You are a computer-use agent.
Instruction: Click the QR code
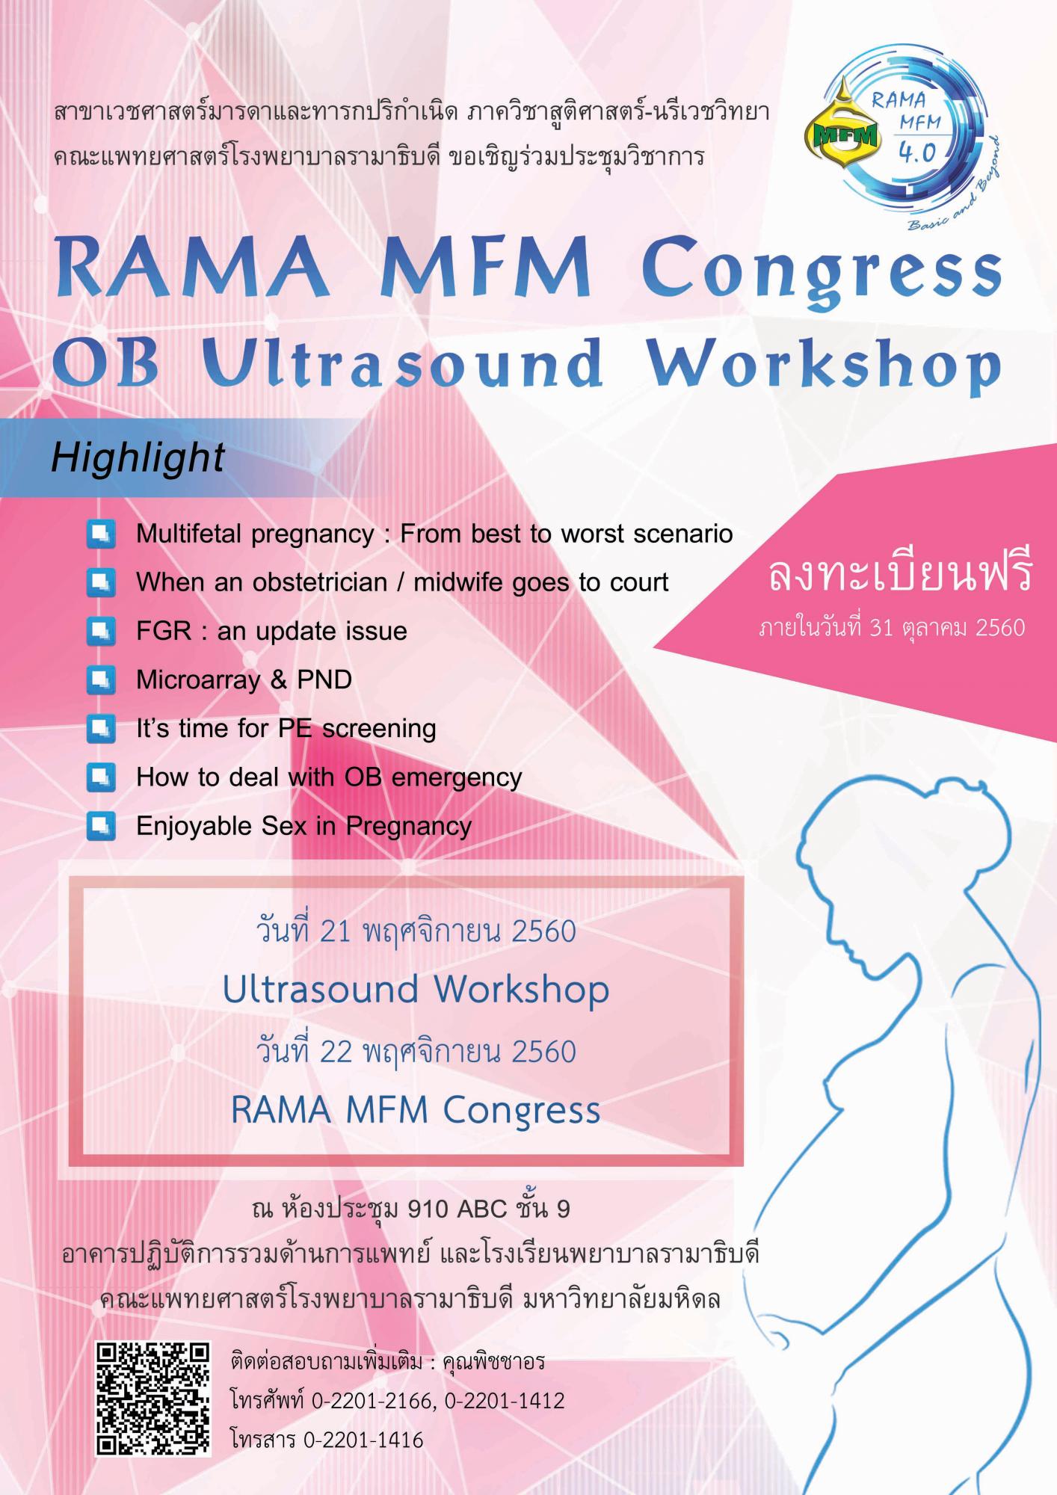pyautogui.click(x=152, y=1399)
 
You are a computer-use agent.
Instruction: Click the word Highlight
pyautogui.click(x=138, y=457)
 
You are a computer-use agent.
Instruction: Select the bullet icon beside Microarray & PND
pyautogui.click(x=101, y=680)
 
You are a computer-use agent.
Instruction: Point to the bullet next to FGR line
pyautogui.click(x=101, y=632)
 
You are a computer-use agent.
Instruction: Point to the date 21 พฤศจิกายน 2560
pyautogui.click(x=447, y=931)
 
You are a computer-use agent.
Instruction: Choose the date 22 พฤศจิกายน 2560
pyautogui.click(x=447, y=1052)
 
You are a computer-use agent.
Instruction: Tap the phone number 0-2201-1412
pyautogui.click(x=505, y=1400)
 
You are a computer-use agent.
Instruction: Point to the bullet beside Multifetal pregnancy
pyautogui.click(x=101, y=534)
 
